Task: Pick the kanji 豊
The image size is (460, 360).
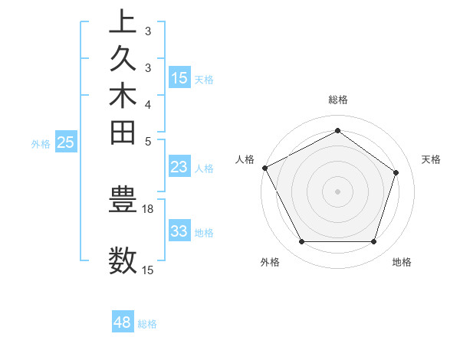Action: tap(123, 199)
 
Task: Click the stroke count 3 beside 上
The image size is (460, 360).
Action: tap(147, 31)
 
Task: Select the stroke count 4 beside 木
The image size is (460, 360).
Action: tap(147, 104)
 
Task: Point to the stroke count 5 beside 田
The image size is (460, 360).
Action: tap(147, 141)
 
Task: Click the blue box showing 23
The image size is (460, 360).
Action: tap(179, 168)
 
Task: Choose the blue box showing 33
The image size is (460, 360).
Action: tap(179, 231)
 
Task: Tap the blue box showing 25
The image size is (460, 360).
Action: tap(66, 142)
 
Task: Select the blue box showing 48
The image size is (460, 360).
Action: tap(123, 322)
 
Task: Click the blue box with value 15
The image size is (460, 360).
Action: tap(179, 77)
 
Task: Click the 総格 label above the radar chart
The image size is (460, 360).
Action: tap(337, 100)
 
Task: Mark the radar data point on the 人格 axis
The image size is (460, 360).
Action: tap(264, 168)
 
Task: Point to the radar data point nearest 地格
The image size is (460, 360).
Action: tap(373, 242)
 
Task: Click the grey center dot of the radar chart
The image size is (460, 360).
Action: tap(337, 191)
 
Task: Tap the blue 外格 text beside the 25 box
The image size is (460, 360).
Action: tap(41, 142)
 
